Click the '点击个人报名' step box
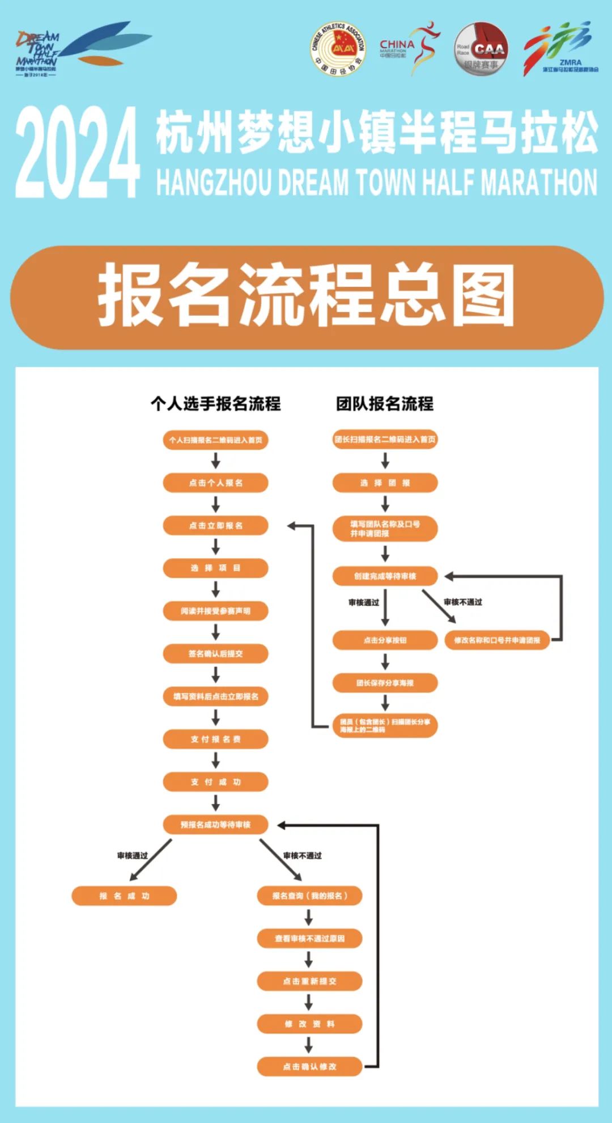click(x=215, y=483)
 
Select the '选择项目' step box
click(x=215, y=568)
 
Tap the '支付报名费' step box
click(x=215, y=739)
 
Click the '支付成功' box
click(x=215, y=782)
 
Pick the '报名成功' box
click(x=124, y=896)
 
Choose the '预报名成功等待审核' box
click(x=215, y=825)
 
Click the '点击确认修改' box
click(x=309, y=1066)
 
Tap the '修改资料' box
click(x=309, y=1024)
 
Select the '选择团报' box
click(x=385, y=483)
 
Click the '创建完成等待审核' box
click(x=385, y=576)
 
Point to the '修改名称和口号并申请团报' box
click(x=497, y=640)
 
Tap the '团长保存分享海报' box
click(x=385, y=683)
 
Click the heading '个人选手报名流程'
click(x=215, y=403)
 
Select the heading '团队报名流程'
click(x=385, y=403)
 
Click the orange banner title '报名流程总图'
click(x=306, y=297)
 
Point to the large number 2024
click(x=78, y=153)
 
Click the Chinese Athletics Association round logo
click(x=338, y=49)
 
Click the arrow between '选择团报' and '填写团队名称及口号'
click(x=385, y=504)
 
